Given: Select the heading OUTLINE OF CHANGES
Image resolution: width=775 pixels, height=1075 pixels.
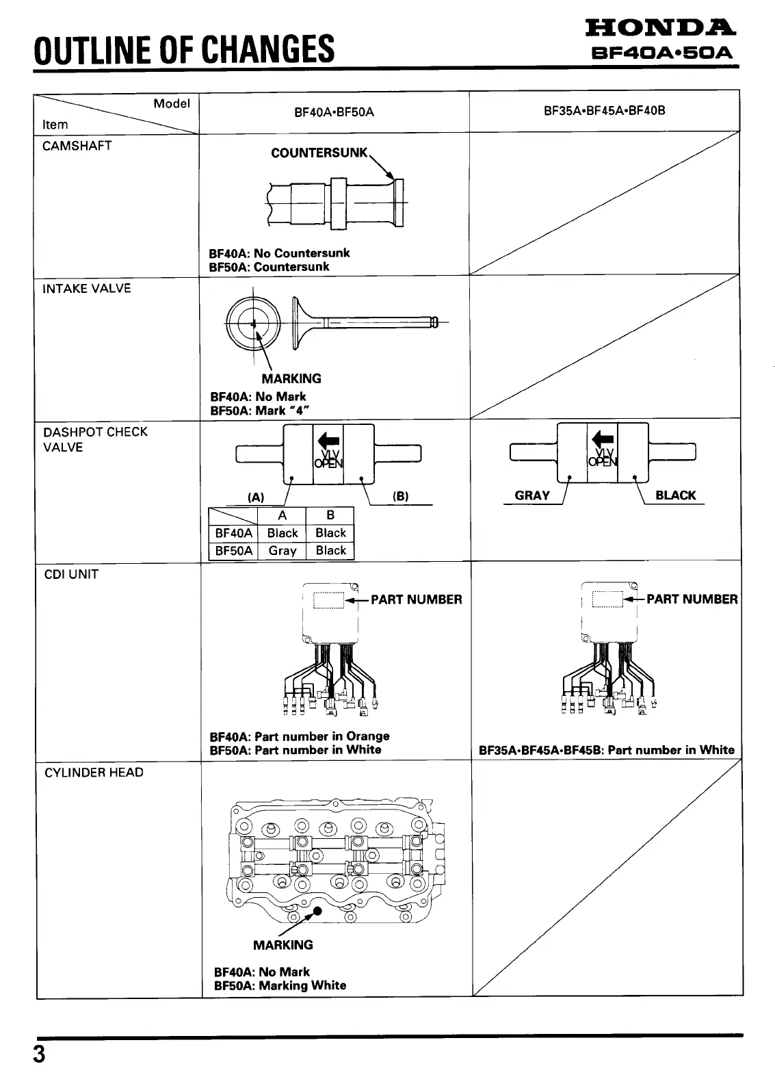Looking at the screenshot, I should pyautogui.click(x=185, y=49).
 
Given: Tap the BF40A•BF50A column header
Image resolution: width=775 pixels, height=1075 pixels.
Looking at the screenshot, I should pyautogui.click(x=334, y=112).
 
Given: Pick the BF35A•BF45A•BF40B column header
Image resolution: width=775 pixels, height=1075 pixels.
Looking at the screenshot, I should pyautogui.click(x=604, y=110).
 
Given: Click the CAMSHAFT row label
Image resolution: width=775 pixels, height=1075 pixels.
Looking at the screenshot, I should pyautogui.click(x=77, y=146).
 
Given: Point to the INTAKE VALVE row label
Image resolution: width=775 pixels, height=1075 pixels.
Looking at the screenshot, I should pyautogui.click(x=86, y=289).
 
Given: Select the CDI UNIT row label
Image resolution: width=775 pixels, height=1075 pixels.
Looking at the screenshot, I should pyautogui.click(x=71, y=574).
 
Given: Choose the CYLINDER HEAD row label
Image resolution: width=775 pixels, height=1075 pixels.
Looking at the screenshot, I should pyautogui.click(x=94, y=773).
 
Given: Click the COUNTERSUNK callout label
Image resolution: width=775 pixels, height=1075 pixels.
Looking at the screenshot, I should pyautogui.click(x=319, y=153).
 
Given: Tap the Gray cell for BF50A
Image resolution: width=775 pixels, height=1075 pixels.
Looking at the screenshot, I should pyautogui.click(x=283, y=551).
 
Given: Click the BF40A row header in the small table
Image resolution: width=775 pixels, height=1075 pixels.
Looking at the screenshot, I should pyautogui.click(x=233, y=533).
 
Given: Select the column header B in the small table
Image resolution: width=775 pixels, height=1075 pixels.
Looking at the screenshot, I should pyautogui.click(x=330, y=515).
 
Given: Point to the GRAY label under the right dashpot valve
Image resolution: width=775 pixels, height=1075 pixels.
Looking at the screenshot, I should pyautogui.click(x=531, y=495).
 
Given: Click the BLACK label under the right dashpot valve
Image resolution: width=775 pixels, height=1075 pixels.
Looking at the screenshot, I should pyautogui.click(x=675, y=495).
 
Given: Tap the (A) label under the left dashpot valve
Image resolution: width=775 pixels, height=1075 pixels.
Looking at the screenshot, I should pyautogui.click(x=256, y=497).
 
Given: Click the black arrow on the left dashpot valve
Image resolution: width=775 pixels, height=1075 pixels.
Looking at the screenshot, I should pyautogui.click(x=328, y=439).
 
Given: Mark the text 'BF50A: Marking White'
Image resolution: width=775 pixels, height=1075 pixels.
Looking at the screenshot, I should pyautogui.click(x=280, y=985).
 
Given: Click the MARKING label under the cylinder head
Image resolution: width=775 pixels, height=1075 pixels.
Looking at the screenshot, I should pyautogui.click(x=283, y=945).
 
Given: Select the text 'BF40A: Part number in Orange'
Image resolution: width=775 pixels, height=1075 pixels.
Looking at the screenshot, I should pyautogui.click(x=300, y=736).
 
